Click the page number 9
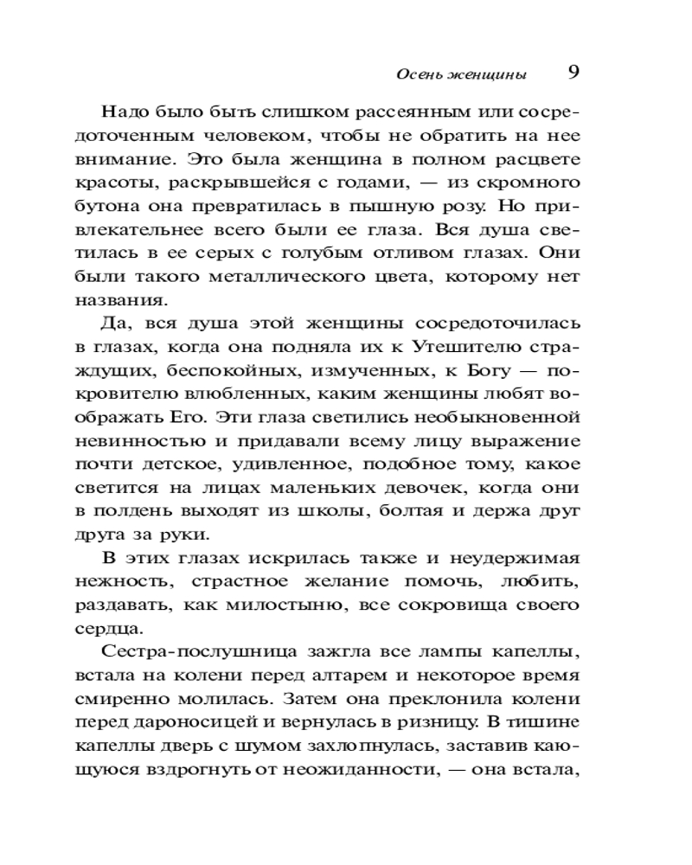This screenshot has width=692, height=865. click(573, 72)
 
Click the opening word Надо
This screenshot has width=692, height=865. click(125, 112)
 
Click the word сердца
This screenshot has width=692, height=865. click(126, 628)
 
